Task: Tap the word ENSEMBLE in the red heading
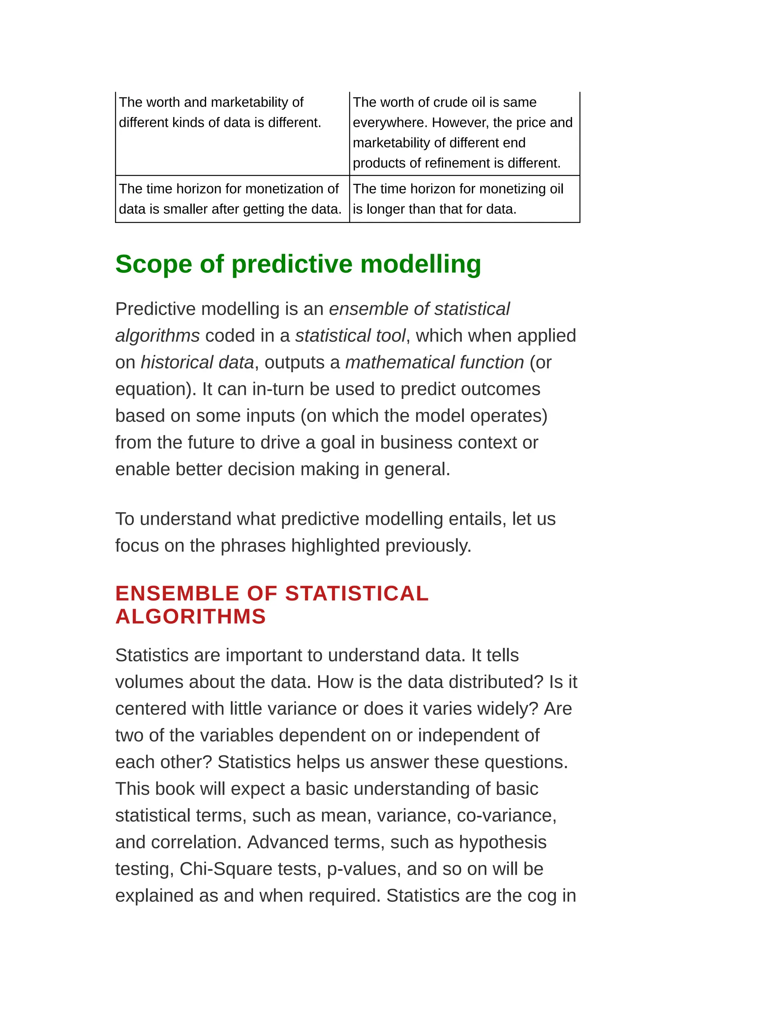(177, 594)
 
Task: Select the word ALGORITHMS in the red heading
(190, 617)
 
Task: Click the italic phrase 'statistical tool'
(350, 335)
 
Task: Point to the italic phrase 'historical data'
(197, 362)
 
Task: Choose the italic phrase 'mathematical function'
(435, 362)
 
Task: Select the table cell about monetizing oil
(464, 199)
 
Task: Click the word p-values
(364, 869)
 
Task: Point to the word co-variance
(506, 815)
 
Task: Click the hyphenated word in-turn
(278, 389)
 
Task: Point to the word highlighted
(335, 546)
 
